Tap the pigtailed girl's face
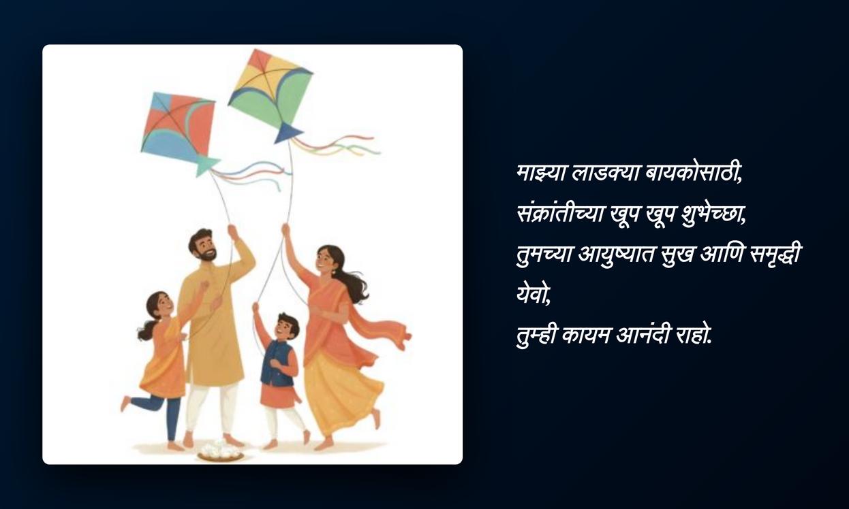164,305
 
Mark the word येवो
534,295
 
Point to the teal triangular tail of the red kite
206,165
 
